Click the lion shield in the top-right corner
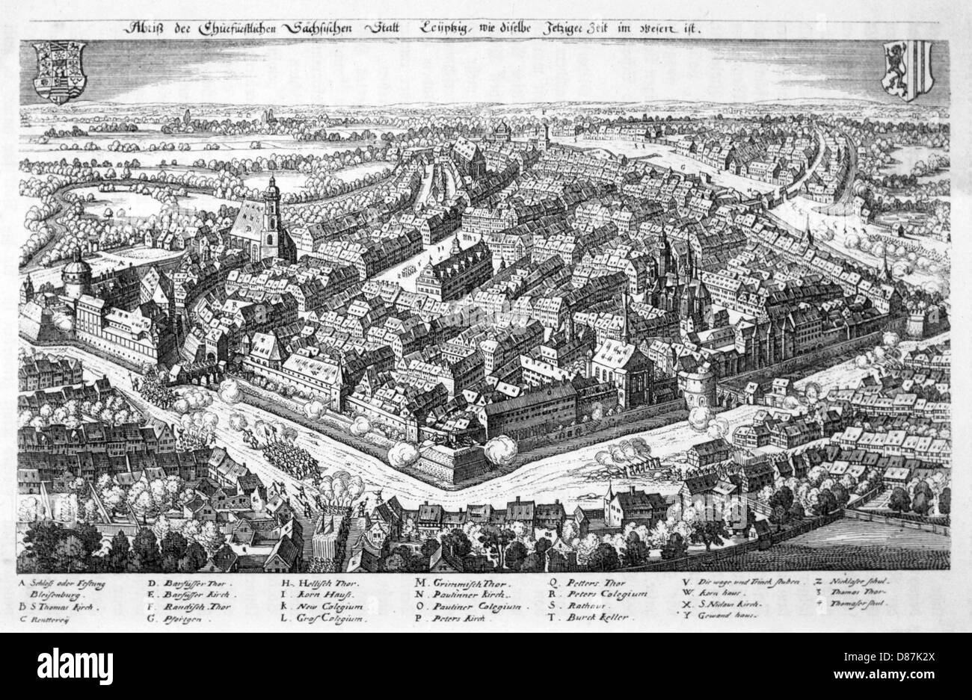point(905,71)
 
